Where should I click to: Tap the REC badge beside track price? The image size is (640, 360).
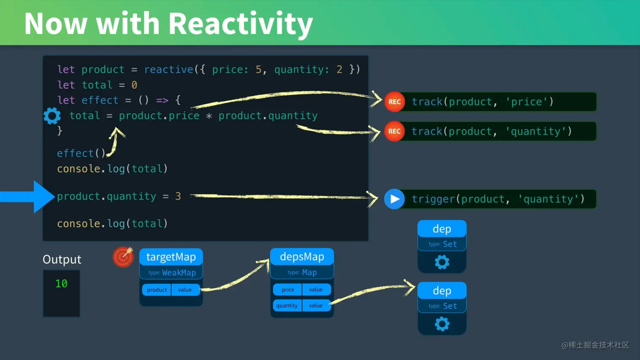point(394,102)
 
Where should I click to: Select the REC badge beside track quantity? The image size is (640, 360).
point(394,132)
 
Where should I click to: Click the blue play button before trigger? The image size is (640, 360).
point(394,199)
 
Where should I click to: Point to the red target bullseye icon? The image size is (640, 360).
point(123,257)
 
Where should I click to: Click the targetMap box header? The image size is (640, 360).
point(171,257)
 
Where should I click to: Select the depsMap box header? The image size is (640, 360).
point(302,256)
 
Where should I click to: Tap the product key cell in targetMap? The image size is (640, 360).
point(157,290)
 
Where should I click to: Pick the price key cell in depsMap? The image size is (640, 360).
point(287,289)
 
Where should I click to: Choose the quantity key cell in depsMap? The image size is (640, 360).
point(287,305)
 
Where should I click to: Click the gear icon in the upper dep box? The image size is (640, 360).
point(442,262)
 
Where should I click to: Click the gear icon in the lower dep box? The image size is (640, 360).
point(442,324)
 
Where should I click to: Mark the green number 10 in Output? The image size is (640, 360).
point(61,283)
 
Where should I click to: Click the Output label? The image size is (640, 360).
point(62,259)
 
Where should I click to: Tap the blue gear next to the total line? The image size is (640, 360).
point(52,116)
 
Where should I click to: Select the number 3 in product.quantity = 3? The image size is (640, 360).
point(178,196)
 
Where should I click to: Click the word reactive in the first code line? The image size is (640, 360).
point(168,69)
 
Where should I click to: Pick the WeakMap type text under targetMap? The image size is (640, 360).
point(179,273)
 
